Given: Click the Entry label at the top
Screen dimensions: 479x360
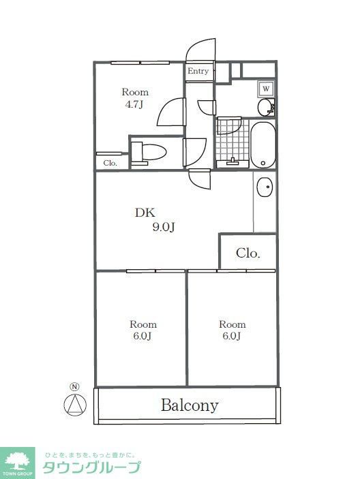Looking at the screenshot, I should pyautogui.click(x=198, y=72).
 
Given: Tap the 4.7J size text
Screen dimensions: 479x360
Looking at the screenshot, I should pyautogui.click(x=135, y=104).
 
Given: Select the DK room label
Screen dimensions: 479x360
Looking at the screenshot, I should pyautogui.click(x=145, y=213).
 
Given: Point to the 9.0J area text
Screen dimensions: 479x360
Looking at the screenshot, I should pyautogui.click(x=164, y=228).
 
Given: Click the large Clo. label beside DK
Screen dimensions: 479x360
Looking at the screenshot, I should pyautogui.click(x=248, y=253).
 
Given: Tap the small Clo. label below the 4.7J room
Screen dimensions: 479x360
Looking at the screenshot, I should pyautogui.click(x=110, y=164).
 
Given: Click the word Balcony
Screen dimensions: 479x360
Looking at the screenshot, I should pyautogui.click(x=190, y=405).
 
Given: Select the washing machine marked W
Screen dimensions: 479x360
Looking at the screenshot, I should pyautogui.click(x=266, y=89).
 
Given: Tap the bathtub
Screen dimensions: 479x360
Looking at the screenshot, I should pyautogui.click(x=262, y=144).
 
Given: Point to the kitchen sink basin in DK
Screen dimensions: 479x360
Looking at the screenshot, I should pyautogui.click(x=265, y=186).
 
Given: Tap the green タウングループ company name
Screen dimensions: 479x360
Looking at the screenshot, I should pyautogui.click(x=91, y=467).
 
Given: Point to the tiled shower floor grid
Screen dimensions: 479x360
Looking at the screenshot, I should pyautogui.click(x=231, y=139).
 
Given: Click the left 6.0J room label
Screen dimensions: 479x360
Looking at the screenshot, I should pyautogui.click(x=143, y=330).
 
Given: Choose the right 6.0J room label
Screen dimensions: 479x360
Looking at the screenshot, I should pyautogui.click(x=232, y=330).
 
